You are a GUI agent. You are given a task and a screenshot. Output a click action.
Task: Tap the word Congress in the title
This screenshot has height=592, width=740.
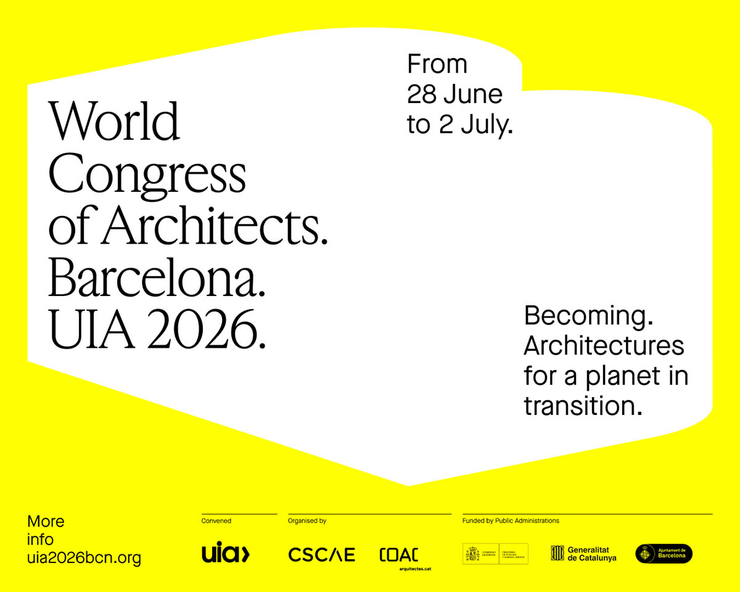pos(147,175)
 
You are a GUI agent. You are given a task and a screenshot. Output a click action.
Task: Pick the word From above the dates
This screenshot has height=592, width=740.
pos(437,65)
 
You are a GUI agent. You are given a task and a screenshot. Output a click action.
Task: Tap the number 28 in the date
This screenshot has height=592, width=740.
pos(421,94)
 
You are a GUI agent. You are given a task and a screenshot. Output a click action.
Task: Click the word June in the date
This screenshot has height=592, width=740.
pos(473,94)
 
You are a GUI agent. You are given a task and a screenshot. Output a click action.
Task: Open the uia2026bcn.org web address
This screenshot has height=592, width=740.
pos(84,558)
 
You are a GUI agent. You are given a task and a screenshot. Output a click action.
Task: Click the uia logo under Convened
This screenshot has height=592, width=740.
pos(226,553)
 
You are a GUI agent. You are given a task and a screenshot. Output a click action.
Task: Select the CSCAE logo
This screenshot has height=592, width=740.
pos(322,554)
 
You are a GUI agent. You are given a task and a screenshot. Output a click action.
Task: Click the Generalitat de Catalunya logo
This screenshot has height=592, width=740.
pos(583,554)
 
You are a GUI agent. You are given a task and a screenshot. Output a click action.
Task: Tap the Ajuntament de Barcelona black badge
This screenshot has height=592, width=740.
pos(664,554)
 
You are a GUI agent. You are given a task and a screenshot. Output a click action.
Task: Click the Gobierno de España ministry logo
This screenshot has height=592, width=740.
pos(495,554)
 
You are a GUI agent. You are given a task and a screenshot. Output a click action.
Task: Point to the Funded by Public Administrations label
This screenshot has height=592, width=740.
pos(511,521)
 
